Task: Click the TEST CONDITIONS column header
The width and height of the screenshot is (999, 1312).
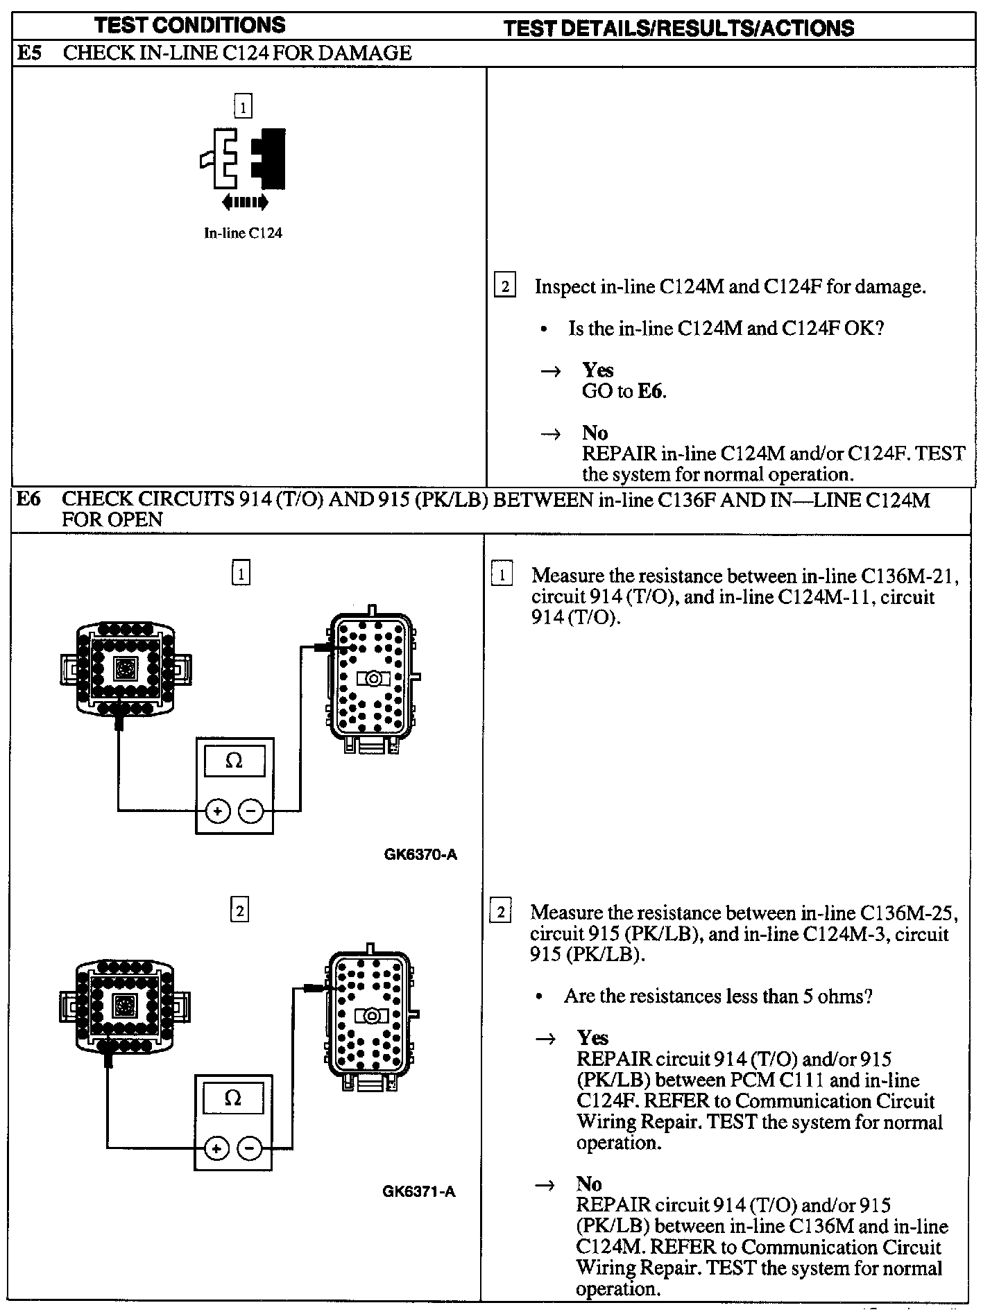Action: tap(189, 26)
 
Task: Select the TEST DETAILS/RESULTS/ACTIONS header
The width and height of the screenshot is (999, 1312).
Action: tap(678, 28)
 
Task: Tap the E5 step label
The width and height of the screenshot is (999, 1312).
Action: tap(29, 53)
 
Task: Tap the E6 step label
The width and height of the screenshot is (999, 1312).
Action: tap(28, 499)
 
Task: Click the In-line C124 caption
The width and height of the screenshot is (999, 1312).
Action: tap(243, 233)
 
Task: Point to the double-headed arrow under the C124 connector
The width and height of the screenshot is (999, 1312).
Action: tap(244, 202)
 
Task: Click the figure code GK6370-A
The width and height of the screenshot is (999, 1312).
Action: tap(420, 854)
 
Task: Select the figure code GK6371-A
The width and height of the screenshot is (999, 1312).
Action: tap(419, 1191)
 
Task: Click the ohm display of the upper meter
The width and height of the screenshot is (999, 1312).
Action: tap(234, 761)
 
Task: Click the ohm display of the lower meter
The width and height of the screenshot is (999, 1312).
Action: tap(233, 1098)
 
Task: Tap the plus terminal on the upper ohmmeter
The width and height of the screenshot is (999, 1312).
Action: tap(217, 811)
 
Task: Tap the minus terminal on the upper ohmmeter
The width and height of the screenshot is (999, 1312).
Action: tap(251, 811)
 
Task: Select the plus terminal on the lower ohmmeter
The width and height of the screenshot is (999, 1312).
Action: tap(216, 1148)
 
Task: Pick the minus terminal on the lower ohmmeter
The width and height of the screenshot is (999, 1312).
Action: tap(250, 1148)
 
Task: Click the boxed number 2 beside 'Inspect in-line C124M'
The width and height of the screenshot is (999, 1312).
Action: tap(504, 286)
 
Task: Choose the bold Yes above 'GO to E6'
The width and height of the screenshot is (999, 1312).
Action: tap(597, 370)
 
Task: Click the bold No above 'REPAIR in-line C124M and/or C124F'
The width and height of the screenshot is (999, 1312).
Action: tap(595, 433)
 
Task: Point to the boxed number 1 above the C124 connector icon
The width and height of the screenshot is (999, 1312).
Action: tap(243, 107)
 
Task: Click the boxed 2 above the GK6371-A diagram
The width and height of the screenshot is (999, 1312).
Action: tap(239, 910)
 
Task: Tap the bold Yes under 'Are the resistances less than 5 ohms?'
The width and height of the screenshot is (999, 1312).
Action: tap(592, 1037)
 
